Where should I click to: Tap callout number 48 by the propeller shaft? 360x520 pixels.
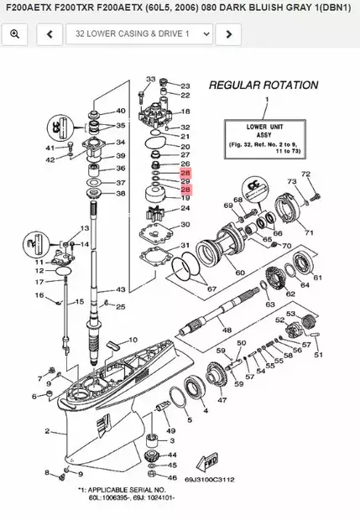click(227, 330)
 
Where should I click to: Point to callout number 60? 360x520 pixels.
click(240, 273)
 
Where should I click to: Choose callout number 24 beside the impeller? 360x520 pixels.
click(185, 209)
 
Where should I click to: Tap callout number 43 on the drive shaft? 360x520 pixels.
click(121, 290)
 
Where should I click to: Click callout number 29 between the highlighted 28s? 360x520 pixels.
click(185, 181)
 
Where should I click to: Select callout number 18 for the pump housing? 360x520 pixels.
click(185, 112)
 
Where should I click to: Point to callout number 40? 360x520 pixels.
click(121, 111)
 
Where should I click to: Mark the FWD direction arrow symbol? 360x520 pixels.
click(207, 463)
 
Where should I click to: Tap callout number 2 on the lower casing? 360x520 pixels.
click(37, 432)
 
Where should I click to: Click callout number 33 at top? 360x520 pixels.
click(151, 80)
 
